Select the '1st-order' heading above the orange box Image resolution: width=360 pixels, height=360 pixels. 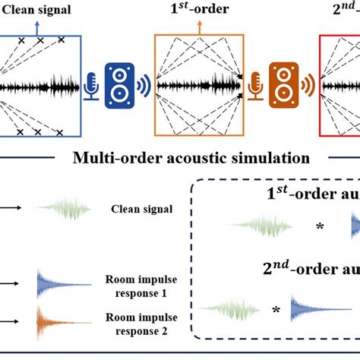coord(200,10)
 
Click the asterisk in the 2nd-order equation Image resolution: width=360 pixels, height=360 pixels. coord(276,309)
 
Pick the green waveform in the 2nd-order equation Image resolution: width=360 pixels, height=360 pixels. coord(228,308)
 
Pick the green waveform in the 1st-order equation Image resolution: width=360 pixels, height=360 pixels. coord(258,226)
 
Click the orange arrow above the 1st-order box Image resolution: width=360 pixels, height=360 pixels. coord(201,25)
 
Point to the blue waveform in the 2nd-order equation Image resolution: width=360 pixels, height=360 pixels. coord(319,308)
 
